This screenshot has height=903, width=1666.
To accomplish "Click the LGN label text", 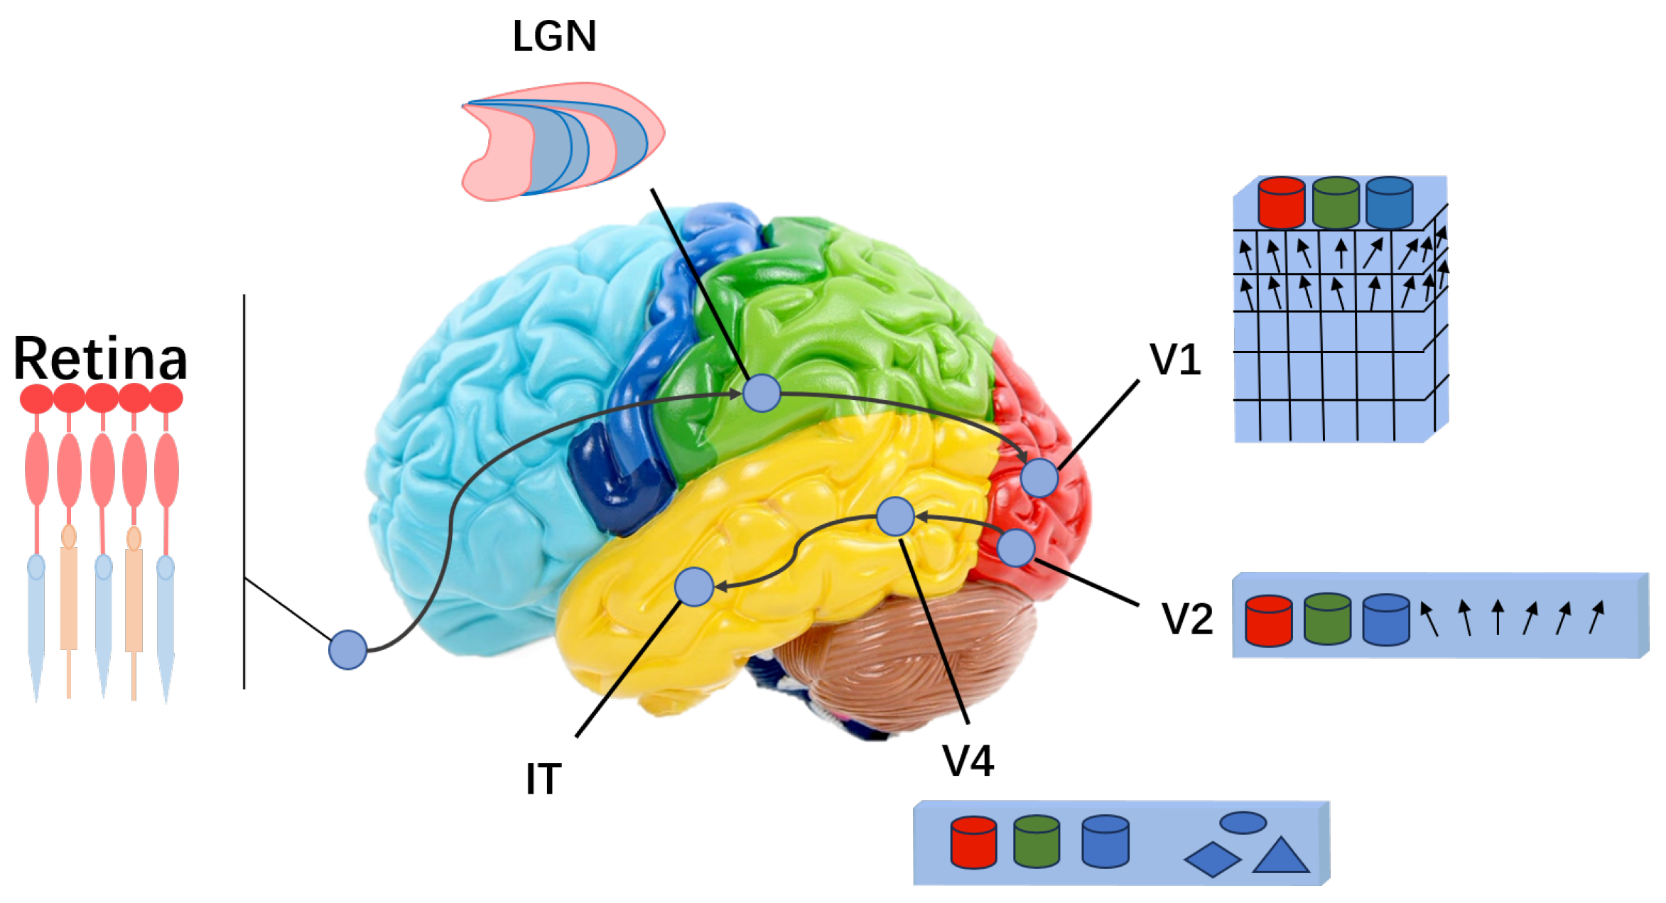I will click(x=554, y=37).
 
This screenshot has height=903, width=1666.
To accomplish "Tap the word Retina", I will click(x=99, y=359).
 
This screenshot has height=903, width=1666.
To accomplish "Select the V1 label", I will click(x=1176, y=360).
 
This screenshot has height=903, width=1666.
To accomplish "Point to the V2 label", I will click(x=1187, y=619).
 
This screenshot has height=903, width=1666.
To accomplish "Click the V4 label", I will click(x=968, y=761).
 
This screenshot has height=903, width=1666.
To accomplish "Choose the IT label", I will click(x=543, y=779).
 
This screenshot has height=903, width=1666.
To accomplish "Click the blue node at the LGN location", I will click(x=762, y=393).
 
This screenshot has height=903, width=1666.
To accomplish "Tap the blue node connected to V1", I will click(x=1039, y=477).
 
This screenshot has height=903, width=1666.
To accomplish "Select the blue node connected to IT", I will click(x=694, y=587).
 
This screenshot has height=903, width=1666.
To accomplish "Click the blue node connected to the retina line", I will click(x=347, y=649).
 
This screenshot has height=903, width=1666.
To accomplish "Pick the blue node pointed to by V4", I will click(x=895, y=517).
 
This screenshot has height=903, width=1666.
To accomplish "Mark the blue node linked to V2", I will click(x=1016, y=548).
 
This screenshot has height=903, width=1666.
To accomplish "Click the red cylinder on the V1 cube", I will click(x=1281, y=202).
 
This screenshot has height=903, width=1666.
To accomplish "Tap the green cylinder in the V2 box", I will click(x=1327, y=620).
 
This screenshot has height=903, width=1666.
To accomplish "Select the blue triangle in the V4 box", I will click(x=1280, y=857).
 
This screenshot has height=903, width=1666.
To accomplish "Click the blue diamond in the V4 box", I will click(x=1212, y=860).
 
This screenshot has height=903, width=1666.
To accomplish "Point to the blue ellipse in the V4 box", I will click(x=1243, y=823).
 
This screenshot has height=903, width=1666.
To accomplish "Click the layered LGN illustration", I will click(x=561, y=142).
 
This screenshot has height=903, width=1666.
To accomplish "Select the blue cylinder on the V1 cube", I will click(x=1389, y=202).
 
